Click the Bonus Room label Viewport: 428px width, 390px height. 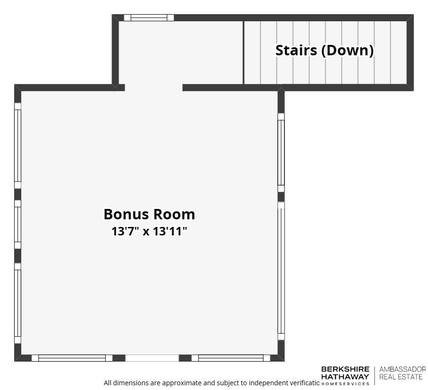pyautogui.click(x=149, y=214)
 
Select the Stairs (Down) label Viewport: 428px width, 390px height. pyautogui.click(x=325, y=50)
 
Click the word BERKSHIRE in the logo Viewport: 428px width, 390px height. pyautogui.click(x=345, y=369)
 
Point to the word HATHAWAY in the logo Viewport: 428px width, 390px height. pyautogui.click(x=345, y=376)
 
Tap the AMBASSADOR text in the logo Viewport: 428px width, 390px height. pyautogui.click(x=402, y=369)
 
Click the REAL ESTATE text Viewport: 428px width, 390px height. pyautogui.click(x=402, y=376)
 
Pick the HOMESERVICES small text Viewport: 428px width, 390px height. pyautogui.click(x=345, y=383)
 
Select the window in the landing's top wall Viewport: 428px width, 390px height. pyautogui.click(x=149, y=18)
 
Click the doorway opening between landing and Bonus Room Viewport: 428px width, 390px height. pyautogui.click(x=154, y=87)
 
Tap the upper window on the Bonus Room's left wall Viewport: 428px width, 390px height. pyautogui.click(x=18, y=146)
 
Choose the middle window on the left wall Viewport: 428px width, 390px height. pyautogui.click(x=18, y=225)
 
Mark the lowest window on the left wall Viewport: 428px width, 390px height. pyautogui.click(x=18, y=303)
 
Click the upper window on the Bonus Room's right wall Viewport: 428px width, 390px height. pyautogui.click(x=281, y=152)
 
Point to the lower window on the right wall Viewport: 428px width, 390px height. pyautogui.click(x=281, y=271)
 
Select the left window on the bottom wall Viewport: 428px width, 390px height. pyautogui.click(x=72, y=358)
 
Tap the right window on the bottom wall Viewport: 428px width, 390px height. pyautogui.click(x=231, y=358)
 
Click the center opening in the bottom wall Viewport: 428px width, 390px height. pyautogui.click(x=152, y=358)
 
